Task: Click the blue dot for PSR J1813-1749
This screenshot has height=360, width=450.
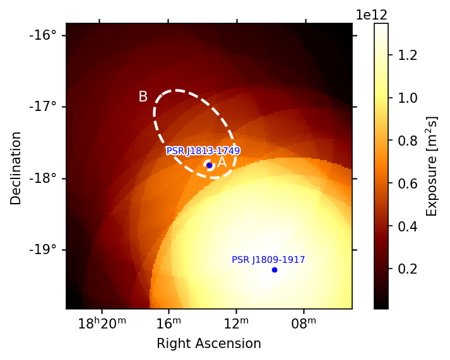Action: (209, 165)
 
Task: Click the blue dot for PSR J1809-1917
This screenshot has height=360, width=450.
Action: (275, 270)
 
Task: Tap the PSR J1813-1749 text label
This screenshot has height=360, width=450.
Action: (203, 151)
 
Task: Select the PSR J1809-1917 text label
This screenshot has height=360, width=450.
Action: (268, 260)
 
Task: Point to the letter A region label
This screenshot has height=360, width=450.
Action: (222, 163)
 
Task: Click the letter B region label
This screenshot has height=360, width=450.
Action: (143, 96)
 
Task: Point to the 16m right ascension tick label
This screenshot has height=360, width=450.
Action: (169, 324)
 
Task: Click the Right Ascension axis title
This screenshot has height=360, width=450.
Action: (209, 344)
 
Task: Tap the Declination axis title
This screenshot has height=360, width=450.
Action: (16, 168)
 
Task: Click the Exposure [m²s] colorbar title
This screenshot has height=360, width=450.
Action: (432, 166)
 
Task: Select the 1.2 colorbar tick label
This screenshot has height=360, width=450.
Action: (404, 55)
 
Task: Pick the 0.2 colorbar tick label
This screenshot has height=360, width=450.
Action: (404, 269)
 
